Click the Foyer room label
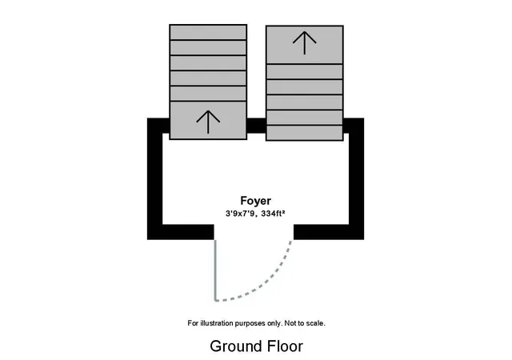click(x=256, y=201)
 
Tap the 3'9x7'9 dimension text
click(x=240, y=214)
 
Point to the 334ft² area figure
click(x=274, y=214)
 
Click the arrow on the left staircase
click(x=208, y=122)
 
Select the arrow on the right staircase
click(x=304, y=42)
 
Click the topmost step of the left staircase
click(x=208, y=32)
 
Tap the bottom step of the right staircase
click(x=304, y=133)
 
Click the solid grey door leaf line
click(x=215, y=270)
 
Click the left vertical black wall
click(x=154, y=178)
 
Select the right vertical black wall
click(x=356, y=178)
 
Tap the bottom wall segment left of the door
click(x=181, y=232)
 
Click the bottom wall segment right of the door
click(x=329, y=232)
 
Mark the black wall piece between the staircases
click(x=256, y=126)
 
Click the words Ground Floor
click(x=256, y=346)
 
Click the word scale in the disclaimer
click(x=316, y=323)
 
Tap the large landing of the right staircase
click(x=304, y=45)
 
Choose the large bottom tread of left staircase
click(x=208, y=121)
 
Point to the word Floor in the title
click(x=285, y=346)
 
